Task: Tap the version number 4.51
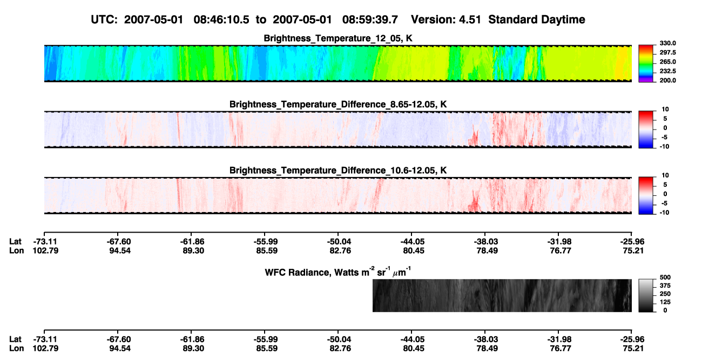(468, 20)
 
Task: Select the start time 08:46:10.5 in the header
(221, 20)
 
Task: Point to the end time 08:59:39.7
(370, 20)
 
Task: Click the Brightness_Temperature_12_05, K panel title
(338, 38)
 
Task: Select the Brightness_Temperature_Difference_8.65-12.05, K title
(338, 104)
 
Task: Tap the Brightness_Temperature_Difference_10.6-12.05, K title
(338, 171)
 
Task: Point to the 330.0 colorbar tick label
(667, 43)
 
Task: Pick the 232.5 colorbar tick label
(667, 71)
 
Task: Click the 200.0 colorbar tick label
(667, 80)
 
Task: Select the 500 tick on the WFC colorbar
(665, 277)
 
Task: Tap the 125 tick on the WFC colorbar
(665, 302)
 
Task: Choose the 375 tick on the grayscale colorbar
(665, 286)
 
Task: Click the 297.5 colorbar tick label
(667, 53)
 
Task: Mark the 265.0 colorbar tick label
(667, 62)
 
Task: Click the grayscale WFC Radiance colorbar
(646, 295)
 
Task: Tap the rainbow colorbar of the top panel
(646, 64)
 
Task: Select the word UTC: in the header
(104, 20)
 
